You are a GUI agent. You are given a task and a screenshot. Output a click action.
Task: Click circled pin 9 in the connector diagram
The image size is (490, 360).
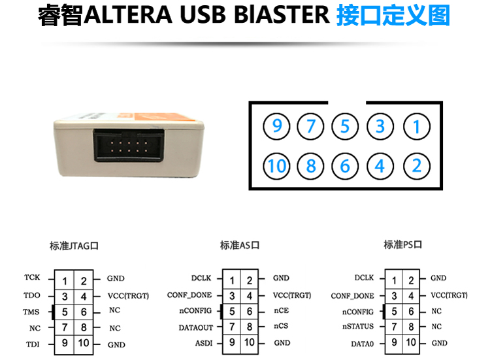tap(277, 125)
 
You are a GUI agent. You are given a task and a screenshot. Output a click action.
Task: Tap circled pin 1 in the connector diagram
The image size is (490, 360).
tap(416, 125)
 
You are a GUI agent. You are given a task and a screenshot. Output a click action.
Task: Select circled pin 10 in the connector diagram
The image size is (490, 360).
tap(277, 166)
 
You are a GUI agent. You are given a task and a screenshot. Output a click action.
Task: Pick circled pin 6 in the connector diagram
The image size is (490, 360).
tap(346, 166)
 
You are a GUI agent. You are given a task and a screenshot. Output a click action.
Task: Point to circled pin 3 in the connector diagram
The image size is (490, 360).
tap(380, 125)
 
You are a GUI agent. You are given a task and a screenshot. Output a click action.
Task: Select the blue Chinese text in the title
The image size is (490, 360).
tap(393, 16)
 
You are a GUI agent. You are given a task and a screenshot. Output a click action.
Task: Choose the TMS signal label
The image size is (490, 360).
tap(31, 312)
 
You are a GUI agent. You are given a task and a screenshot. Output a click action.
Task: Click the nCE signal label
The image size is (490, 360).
tap(281, 310)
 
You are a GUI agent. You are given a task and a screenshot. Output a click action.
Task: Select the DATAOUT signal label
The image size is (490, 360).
tap(196, 327)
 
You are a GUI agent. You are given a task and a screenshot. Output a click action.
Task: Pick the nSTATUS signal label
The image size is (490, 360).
tap(357, 326)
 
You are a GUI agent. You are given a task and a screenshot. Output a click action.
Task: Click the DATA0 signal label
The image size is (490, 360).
tap(362, 343)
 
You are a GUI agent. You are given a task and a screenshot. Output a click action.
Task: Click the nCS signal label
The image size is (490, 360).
tap(281, 326)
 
